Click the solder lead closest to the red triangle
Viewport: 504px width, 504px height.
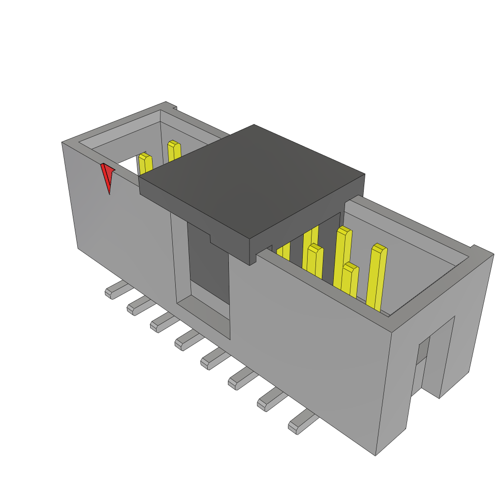(116, 290)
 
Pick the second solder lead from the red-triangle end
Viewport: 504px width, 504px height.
(139, 306)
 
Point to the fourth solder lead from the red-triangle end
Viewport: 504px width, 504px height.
(187, 340)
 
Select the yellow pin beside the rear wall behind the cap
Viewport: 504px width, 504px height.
(174, 151)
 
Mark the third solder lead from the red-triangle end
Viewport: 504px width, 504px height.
(162, 322)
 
